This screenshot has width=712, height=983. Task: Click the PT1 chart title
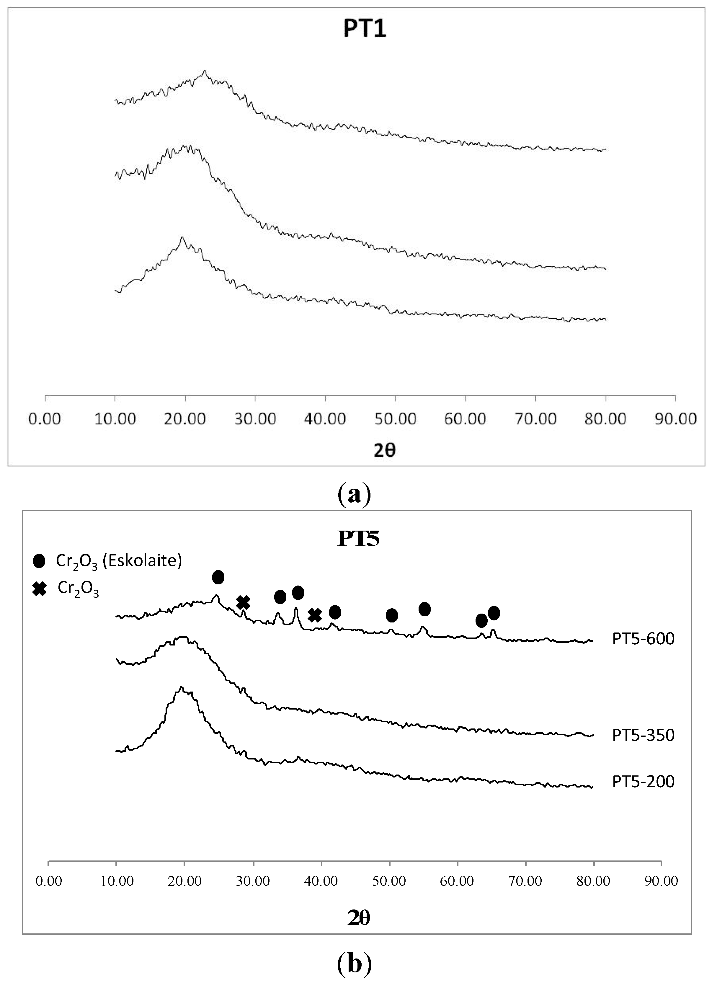[x=365, y=30]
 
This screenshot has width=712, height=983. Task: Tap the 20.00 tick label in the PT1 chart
[x=185, y=419]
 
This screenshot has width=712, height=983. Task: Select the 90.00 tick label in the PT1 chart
[x=675, y=419]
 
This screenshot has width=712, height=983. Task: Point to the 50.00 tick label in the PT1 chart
[x=395, y=419]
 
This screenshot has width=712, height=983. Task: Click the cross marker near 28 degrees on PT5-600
[x=243, y=602]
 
